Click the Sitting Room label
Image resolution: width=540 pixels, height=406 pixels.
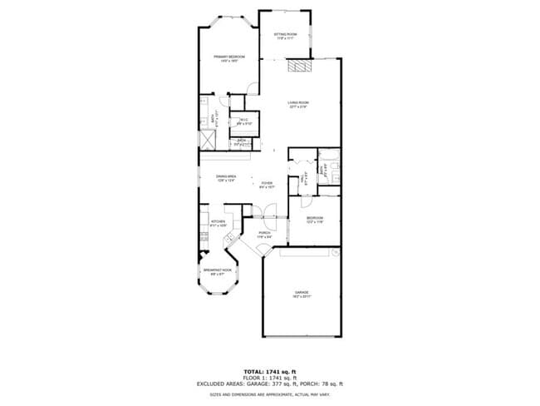click(286, 36)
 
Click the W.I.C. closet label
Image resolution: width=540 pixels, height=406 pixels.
click(243, 121)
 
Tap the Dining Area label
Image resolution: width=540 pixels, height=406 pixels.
click(226, 178)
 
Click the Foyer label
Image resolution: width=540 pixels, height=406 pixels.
click(267, 184)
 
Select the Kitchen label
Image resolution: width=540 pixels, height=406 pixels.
click(218, 223)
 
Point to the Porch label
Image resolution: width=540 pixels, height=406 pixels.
click(264, 235)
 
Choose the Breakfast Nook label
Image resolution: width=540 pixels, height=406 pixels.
click(218, 271)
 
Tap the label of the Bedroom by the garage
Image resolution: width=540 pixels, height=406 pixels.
click(314, 220)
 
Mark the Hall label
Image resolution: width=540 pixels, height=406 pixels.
click(302, 178)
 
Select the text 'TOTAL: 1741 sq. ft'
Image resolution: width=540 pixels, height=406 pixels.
click(269, 371)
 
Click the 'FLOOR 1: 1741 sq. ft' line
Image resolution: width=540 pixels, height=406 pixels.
click(269, 378)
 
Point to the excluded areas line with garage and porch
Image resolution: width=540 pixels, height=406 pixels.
click(269, 384)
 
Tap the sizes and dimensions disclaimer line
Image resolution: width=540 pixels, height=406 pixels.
click(269, 394)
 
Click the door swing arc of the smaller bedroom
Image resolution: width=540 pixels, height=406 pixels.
click(306, 201)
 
